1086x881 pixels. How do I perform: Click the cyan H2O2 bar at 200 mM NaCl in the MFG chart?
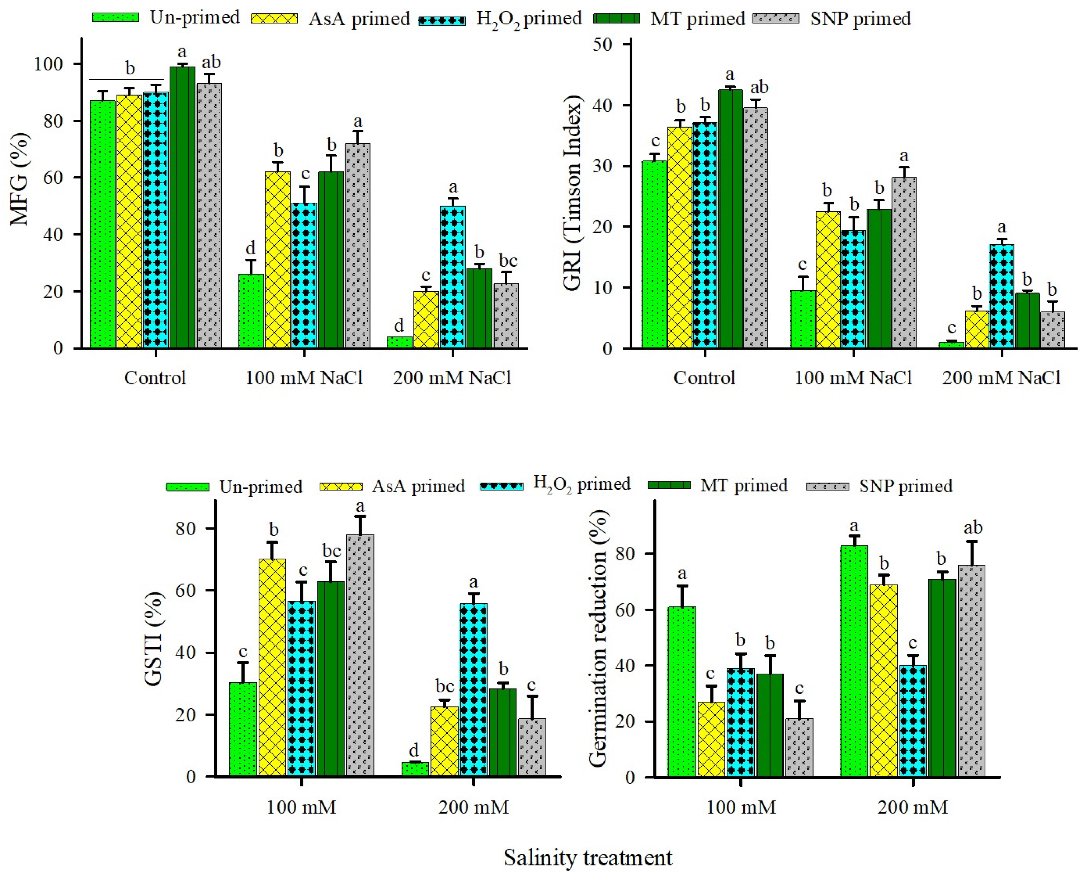[x=453, y=277]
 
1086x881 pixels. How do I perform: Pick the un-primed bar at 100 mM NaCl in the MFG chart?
[x=251, y=310]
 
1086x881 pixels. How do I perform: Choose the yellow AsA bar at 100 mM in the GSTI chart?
[x=273, y=668]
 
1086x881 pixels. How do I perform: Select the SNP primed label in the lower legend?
[x=906, y=486]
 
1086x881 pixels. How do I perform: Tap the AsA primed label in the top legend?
[x=359, y=19]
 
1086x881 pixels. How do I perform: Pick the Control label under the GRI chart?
[x=704, y=378]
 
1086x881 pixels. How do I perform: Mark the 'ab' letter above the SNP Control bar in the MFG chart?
[x=211, y=62]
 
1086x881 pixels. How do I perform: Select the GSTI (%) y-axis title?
[x=154, y=639]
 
